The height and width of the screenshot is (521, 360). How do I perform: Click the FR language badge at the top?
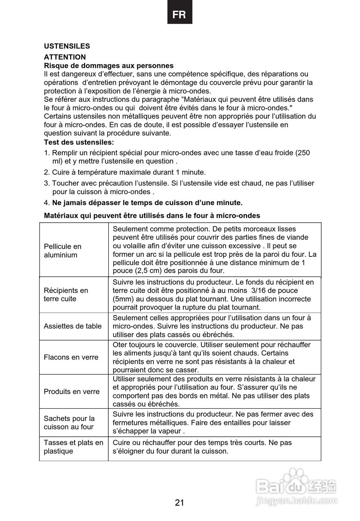(180, 15)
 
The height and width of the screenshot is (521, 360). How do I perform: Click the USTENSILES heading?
(67, 46)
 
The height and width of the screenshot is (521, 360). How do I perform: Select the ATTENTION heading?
(65, 57)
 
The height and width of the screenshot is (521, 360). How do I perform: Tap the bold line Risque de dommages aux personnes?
(109, 66)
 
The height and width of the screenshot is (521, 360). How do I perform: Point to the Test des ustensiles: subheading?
(79, 142)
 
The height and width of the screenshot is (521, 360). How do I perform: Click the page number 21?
(180, 503)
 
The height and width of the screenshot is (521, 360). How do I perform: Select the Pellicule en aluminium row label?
(63, 251)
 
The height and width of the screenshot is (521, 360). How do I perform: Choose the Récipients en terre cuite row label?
(66, 295)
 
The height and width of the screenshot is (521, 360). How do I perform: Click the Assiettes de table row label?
(73, 326)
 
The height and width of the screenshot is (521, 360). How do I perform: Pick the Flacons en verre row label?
(71, 357)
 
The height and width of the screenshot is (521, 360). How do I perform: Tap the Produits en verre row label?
(72, 392)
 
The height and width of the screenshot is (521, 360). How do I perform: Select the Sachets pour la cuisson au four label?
(69, 422)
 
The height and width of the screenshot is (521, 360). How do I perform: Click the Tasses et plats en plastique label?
(73, 447)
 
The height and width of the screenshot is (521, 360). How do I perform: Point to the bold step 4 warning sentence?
(147, 203)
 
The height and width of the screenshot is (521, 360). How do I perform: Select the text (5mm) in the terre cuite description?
(123, 299)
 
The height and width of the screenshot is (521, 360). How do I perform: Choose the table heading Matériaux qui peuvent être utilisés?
(152, 215)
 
